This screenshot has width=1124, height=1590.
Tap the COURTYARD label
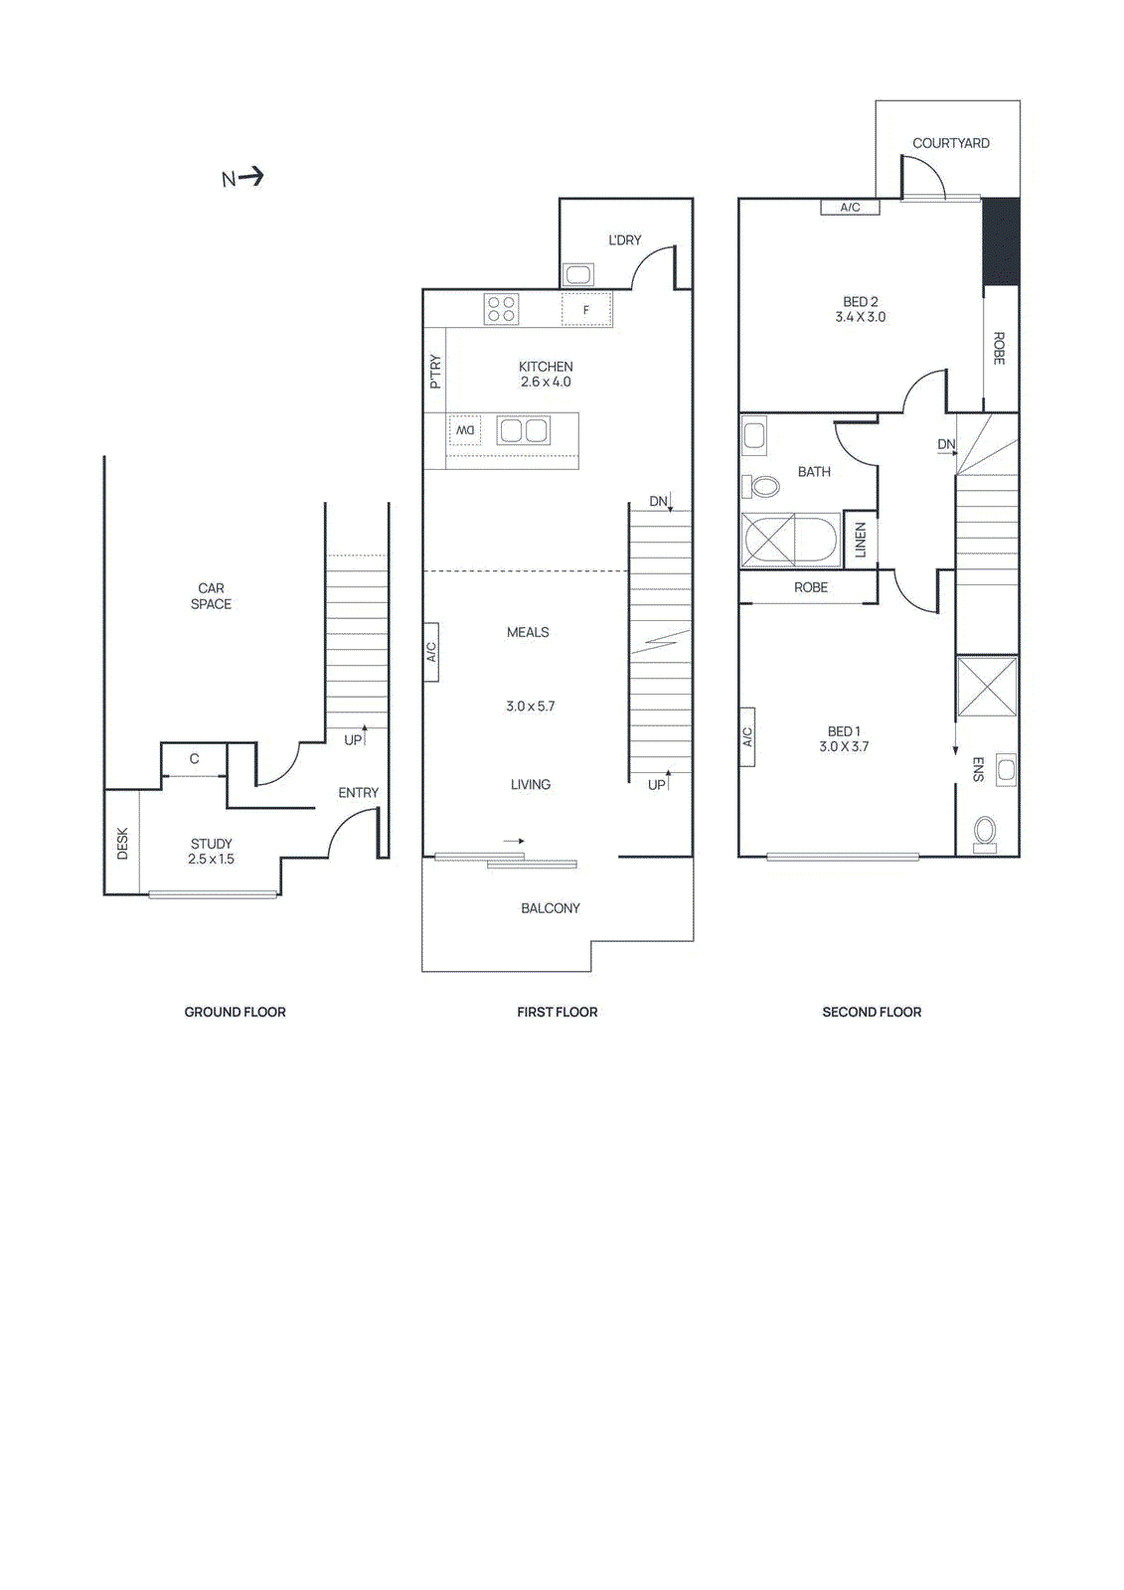950,143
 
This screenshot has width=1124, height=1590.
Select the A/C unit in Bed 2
850,208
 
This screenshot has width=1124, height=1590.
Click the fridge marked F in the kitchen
586,310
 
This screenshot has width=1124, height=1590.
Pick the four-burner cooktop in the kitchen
501,309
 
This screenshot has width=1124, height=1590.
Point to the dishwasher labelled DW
465,430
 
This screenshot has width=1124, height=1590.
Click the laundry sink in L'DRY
578,274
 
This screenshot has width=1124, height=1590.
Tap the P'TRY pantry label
434,372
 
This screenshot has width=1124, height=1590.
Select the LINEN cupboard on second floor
860,540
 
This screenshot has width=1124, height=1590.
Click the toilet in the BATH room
762,486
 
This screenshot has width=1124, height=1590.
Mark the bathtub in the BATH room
792,541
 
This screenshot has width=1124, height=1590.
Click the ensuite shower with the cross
987,686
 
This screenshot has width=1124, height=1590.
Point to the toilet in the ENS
985,832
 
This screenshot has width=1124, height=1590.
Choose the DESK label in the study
122,843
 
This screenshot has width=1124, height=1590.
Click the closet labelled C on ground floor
194,759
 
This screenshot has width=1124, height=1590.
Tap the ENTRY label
358,793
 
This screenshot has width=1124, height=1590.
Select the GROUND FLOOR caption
235,1012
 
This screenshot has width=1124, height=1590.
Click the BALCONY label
550,908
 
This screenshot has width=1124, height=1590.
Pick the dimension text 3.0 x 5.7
530,707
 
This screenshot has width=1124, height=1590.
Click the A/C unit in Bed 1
747,736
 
